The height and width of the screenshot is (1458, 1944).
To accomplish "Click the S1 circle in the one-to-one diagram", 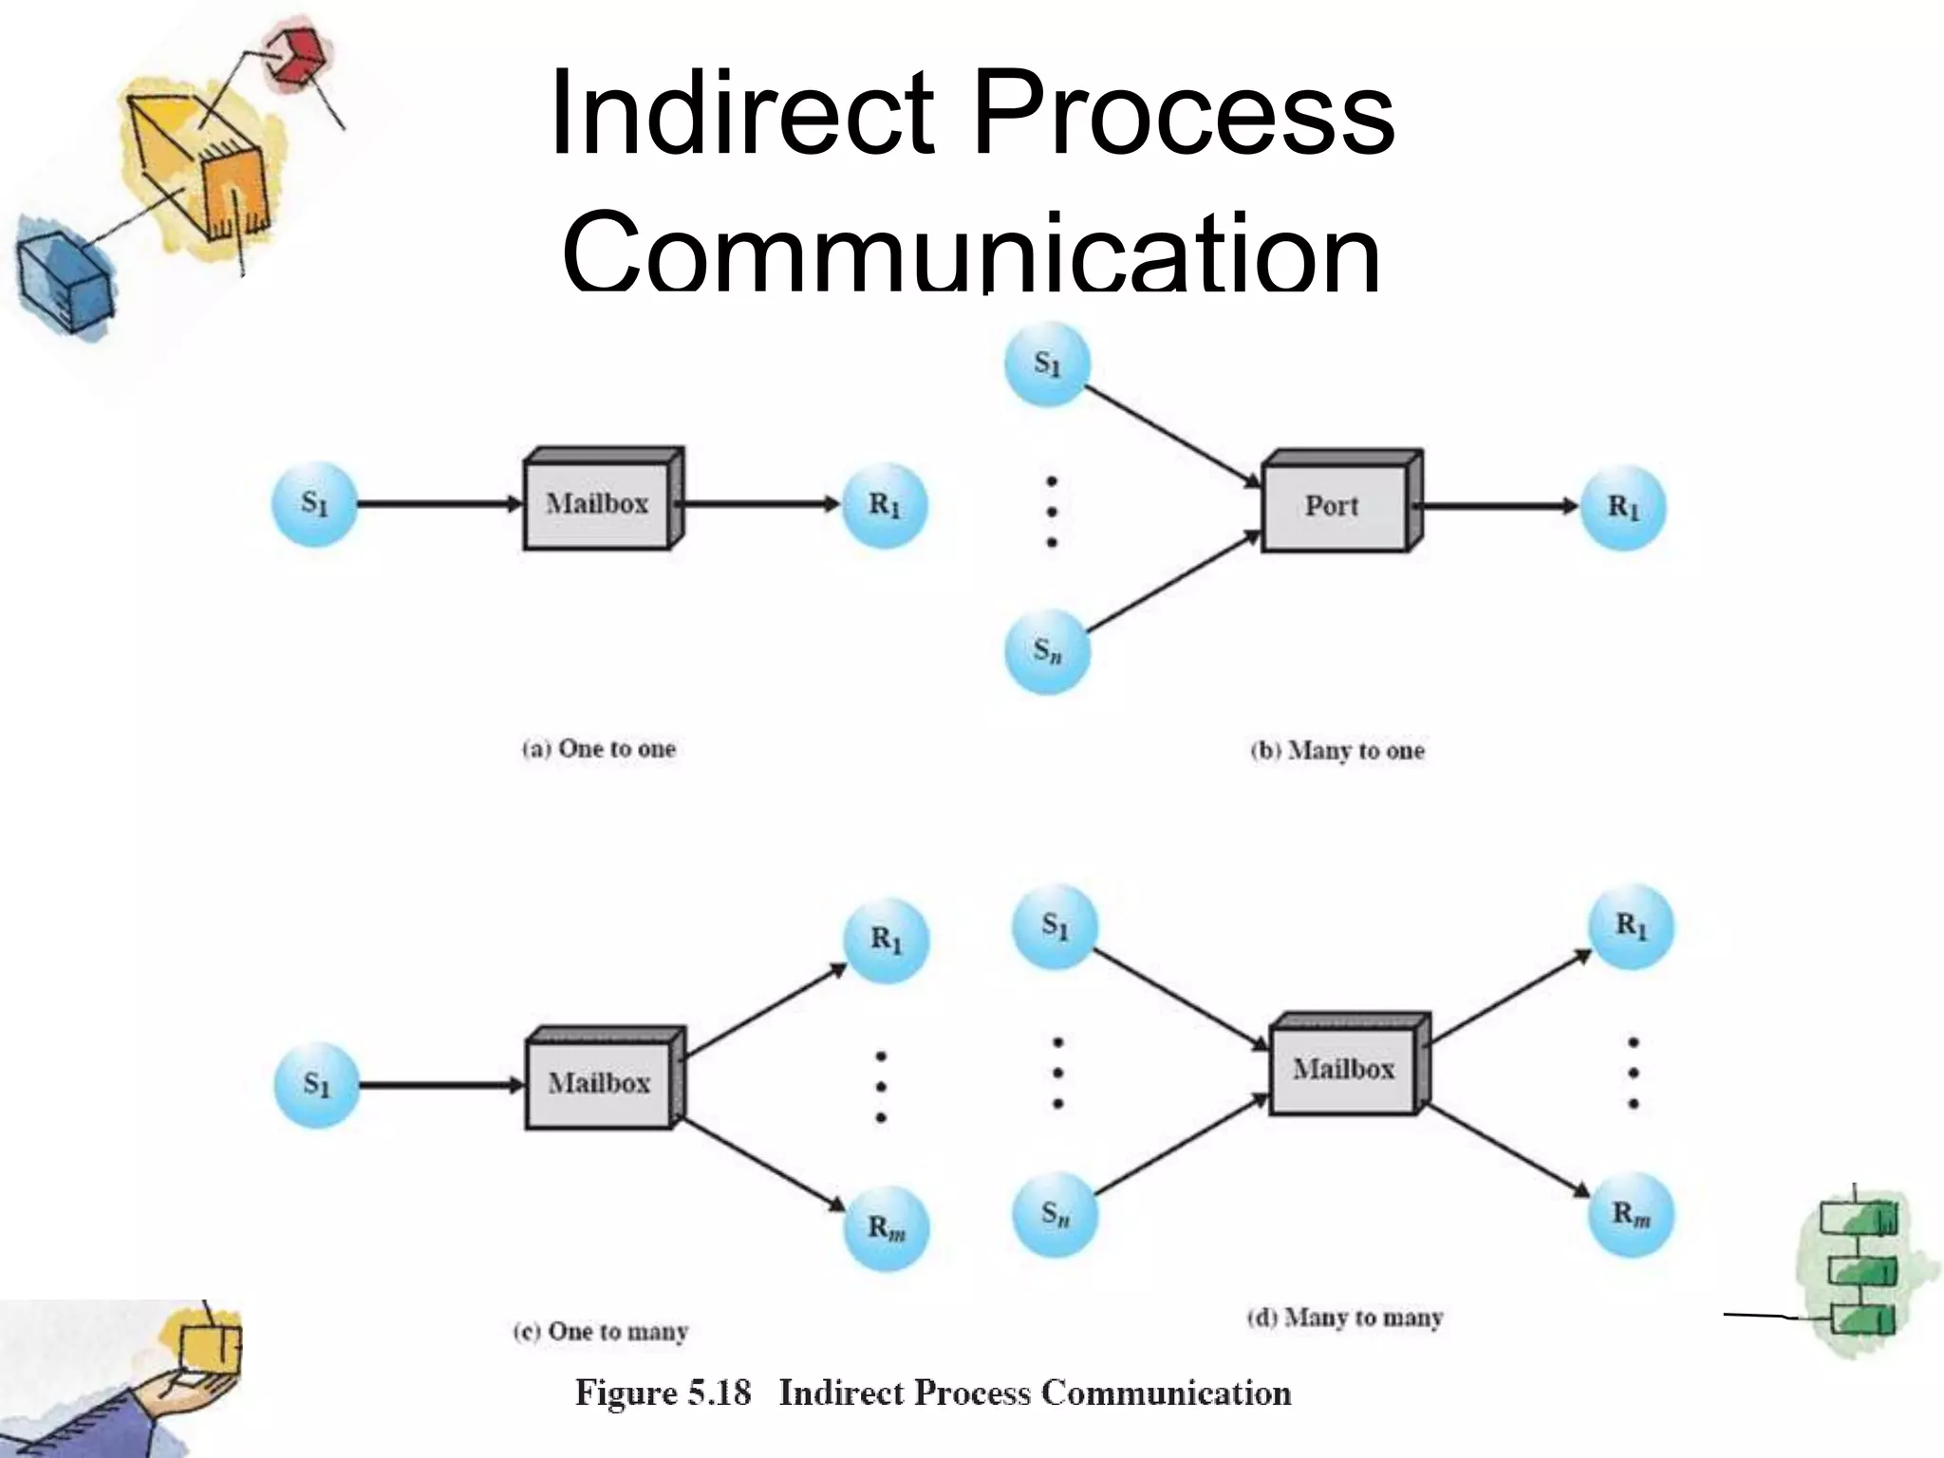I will pyautogui.click(x=314, y=504).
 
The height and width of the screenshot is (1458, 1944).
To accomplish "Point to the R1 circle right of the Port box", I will pyautogui.click(x=1623, y=508).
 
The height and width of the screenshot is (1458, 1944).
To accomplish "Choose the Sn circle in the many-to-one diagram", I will pyautogui.click(x=1048, y=652).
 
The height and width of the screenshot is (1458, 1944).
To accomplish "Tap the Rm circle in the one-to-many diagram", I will pyautogui.click(x=887, y=1228).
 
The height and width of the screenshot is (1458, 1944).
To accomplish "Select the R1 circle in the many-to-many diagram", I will pyautogui.click(x=1631, y=926).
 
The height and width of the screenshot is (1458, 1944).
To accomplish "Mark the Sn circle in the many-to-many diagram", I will pyautogui.click(x=1055, y=1214).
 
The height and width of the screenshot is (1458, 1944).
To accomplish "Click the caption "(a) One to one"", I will pyautogui.click(x=599, y=749).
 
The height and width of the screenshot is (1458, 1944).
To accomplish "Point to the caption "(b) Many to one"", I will pyautogui.click(x=1337, y=751).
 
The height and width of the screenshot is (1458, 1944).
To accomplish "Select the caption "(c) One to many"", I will pyautogui.click(x=601, y=1332).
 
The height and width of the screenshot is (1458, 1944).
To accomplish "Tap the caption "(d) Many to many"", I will pyautogui.click(x=1344, y=1318).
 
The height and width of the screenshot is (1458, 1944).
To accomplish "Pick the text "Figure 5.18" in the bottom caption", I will pyautogui.click(x=663, y=1393).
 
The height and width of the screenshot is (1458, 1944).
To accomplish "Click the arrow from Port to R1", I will pyautogui.click(x=1500, y=507).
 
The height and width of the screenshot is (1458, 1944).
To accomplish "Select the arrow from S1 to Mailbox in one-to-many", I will pyautogui.click(x=441, y=1085).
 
